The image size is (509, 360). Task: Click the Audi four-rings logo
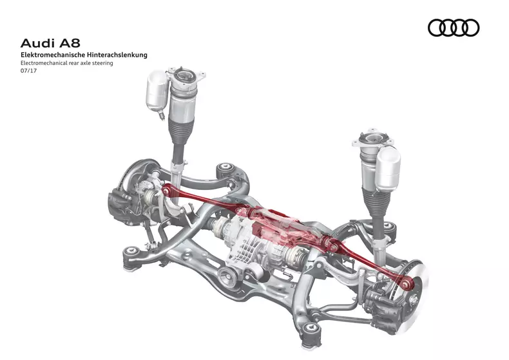pyautogui.click(x=454, y=28)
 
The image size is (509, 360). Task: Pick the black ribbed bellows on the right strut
pyautogui.click(x=375, y=193)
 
